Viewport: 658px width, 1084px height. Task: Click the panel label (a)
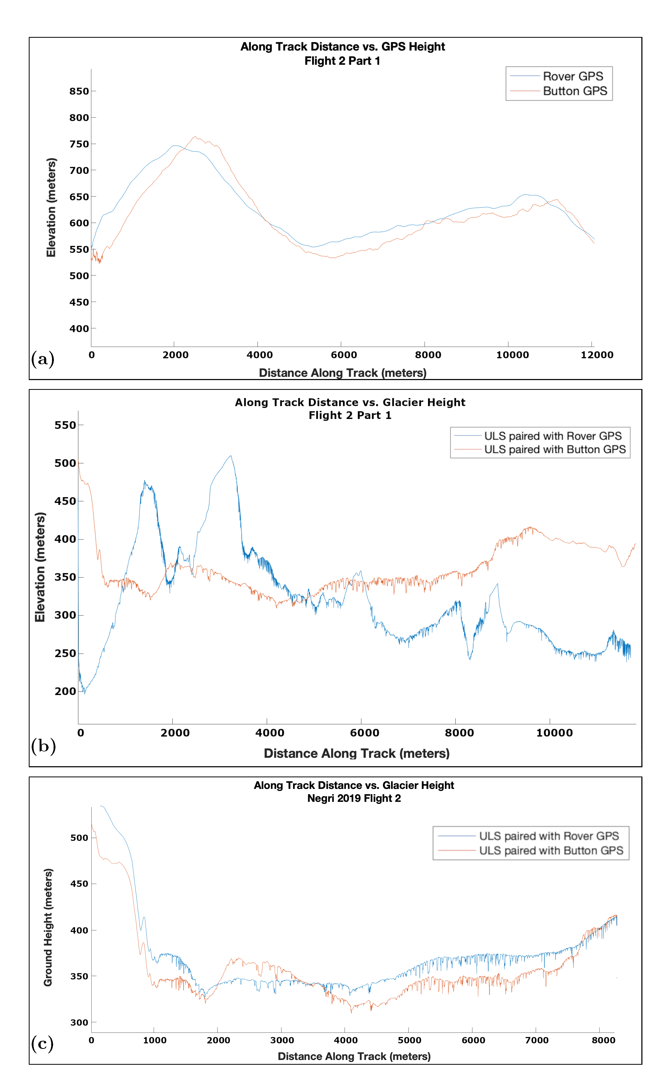tap(43, 359)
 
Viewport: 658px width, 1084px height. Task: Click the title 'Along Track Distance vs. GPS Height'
tap(342, 47)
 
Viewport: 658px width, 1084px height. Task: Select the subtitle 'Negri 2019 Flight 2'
tap(354, 798)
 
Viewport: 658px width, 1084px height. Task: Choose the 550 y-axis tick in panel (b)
tap(65, 425)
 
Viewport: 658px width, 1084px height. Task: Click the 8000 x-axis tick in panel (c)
tap(603, 1040)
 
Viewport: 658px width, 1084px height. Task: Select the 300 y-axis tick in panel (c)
tap(79, 1022)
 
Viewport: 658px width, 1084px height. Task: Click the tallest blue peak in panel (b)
tap(231, 456)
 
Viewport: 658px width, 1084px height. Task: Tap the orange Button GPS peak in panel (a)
tap(195, 137)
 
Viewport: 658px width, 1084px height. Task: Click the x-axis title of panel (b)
tap(356, 753)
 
